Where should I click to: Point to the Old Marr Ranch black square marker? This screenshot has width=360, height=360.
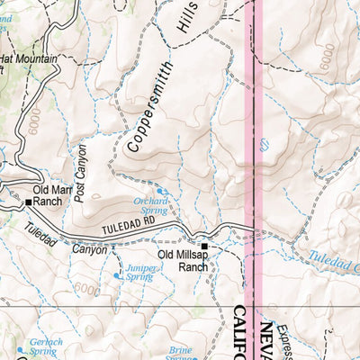pos(28,203)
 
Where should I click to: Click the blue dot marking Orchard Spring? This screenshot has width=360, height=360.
pos(162,192)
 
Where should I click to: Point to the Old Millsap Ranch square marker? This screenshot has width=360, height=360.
pos(204,246)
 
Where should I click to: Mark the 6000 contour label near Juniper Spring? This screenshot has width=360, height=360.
pos(87,288)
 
